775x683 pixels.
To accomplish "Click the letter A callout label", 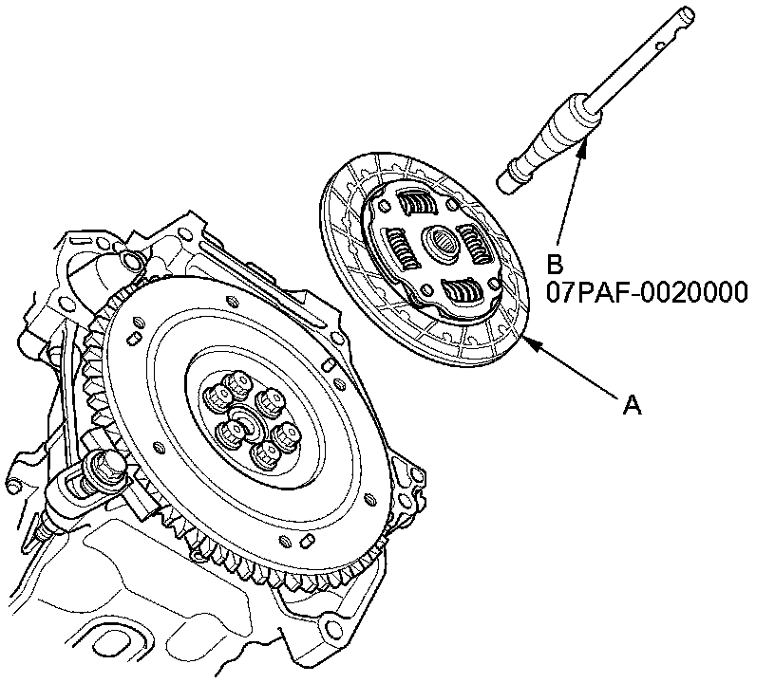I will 632,406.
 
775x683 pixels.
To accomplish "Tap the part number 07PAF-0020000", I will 646,291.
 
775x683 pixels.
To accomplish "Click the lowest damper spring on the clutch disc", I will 462,293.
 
